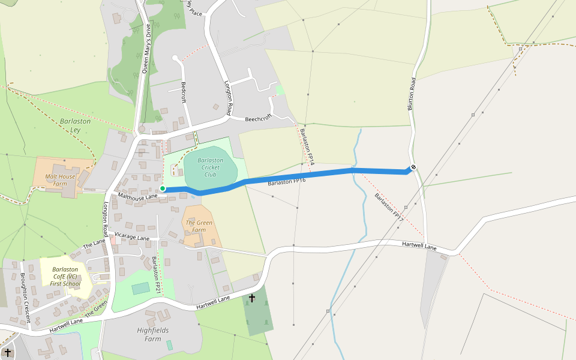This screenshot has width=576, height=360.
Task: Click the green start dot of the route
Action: point(163,188)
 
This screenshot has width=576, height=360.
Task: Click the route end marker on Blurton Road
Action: point(413,167)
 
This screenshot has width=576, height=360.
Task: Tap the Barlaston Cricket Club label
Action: point(210,167)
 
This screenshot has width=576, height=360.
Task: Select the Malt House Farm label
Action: point(61,180)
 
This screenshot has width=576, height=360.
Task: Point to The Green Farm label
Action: point(199,226)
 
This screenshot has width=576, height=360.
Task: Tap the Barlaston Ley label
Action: point(75,125)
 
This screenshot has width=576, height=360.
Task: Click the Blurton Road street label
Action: point(412,94)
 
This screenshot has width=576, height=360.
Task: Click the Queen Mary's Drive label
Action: point(145,48)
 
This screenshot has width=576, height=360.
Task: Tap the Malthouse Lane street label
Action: point(137,196)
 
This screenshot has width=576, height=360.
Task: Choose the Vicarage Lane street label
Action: point(132,238)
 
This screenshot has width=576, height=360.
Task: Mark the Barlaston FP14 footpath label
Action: point(307,147)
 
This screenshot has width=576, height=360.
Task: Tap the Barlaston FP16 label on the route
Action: point(287,181)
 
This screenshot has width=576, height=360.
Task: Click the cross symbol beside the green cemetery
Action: point(252,298)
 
